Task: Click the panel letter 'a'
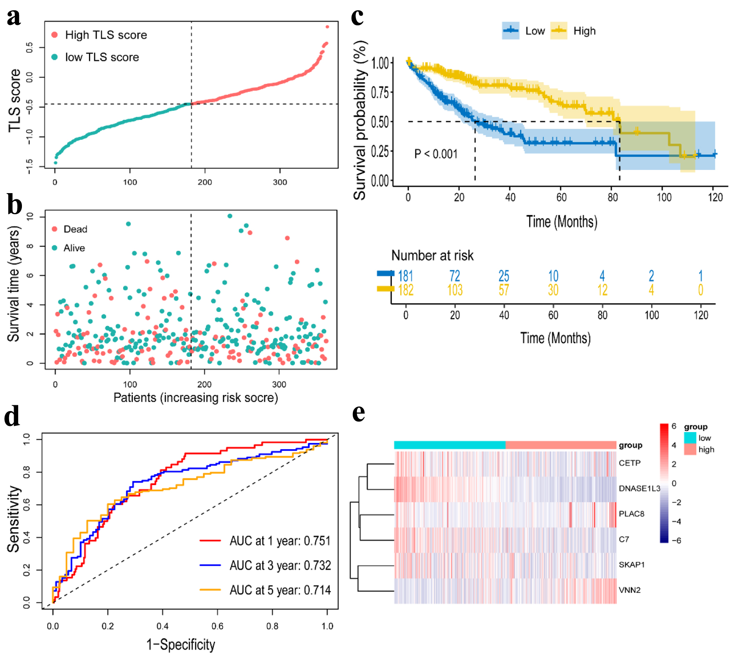pyautogui.click(x=14, y=17)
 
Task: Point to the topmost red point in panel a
pyautogui.click(x=327, y=27)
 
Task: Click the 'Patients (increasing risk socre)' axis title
pyautogui.click(x=196, y=397)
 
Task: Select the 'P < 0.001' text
pyautogui.click(x=436, y=154)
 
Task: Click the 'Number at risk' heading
pyautogui.click(x=432, y=255)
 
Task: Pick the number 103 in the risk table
pyautogui.click(x=455, y=290)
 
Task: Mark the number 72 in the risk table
pyautogui.click(x=455, y=275)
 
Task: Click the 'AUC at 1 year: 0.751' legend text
pyautogui.click(x=280, y=540)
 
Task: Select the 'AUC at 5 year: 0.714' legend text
pyautogui.click(x=280, y=590)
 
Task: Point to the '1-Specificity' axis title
pyautogui.click(x=181, y=644)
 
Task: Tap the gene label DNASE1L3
pyautogui.click(x=639, y=488)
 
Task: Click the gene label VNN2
pyautogui.click(x=630, y=590)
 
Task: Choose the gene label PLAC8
pyautogui.click(x=631, y=514)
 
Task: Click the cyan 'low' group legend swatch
pyautogui.click(x=690, y=438)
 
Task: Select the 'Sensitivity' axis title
pyautogui.click(x=14, y=519)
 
